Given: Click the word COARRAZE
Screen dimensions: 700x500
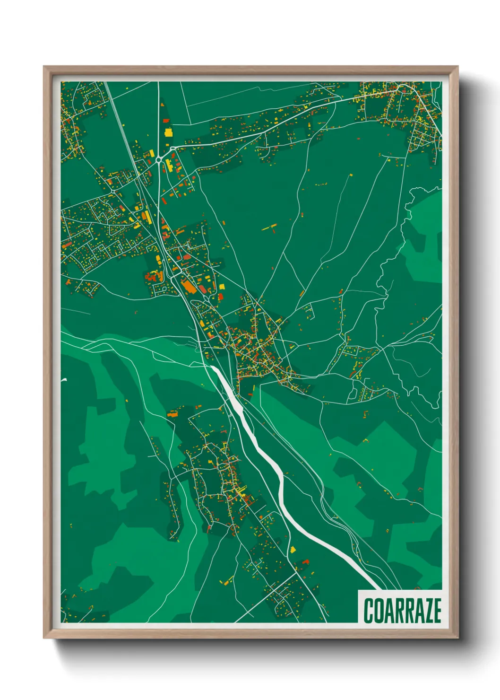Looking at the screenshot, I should tap(402, 611).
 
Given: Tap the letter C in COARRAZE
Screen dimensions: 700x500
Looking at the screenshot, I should tap(368, 611).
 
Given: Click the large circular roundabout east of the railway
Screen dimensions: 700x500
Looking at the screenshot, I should tap(159, 160).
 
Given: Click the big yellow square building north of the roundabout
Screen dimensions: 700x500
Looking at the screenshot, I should tap(168, 132).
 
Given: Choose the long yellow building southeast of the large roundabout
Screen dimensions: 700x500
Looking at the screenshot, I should tap(168, 165).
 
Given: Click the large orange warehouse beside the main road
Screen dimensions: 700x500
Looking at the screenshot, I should tap(188, 286).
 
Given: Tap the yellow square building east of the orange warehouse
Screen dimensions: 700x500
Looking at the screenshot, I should tap(220, 286).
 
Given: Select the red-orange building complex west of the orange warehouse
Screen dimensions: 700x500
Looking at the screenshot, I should tap(154, 277).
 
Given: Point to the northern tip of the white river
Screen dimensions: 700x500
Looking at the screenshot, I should tap(212, 367).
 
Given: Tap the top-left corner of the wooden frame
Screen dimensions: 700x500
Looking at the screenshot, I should tap(44, 67).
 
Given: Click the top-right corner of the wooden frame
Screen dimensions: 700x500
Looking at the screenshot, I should tap(457, 67).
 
